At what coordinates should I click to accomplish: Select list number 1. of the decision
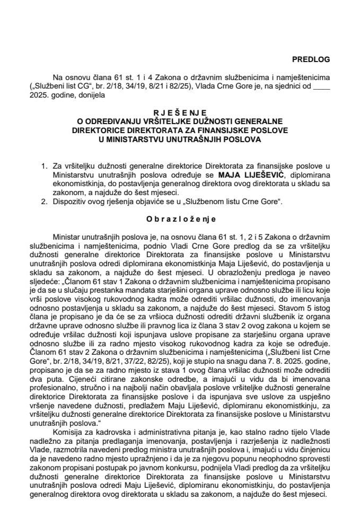pos(44,165)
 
